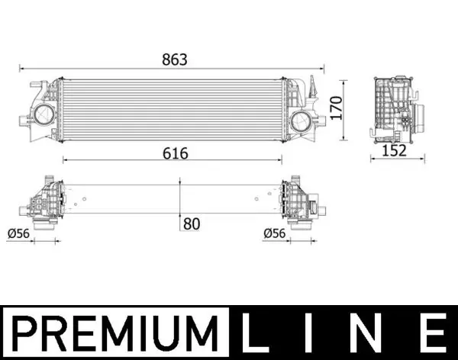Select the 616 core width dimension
coord(174,153)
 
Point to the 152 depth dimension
coord(393,151)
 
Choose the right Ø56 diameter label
coord(275,233)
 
